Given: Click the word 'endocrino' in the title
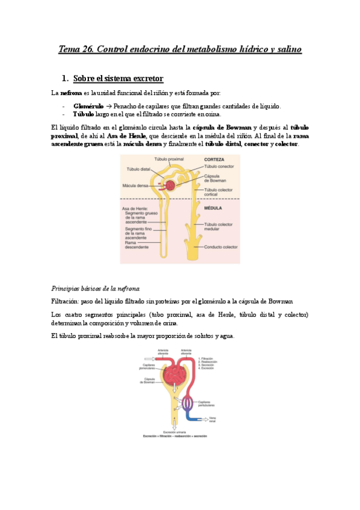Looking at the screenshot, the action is pyautogui.click(x=142, y=49).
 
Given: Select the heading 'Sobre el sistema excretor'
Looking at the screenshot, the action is pyautogui.click(x=118, y=79).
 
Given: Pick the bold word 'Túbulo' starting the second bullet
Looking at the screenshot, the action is pyautogui.click(x=83, y=114).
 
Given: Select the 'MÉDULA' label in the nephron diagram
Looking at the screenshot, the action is pyautogui.click(x=213, y=208).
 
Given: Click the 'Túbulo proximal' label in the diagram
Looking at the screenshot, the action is pyautogui.click(x=169, y=159).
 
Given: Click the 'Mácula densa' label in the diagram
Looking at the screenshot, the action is pyautogui.click(x=135, y=185).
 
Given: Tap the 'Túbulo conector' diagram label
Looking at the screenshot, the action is pyautogui.click(x=219, y=167).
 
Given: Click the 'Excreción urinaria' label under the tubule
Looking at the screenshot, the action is pyautogui.click(x=174, y=432).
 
